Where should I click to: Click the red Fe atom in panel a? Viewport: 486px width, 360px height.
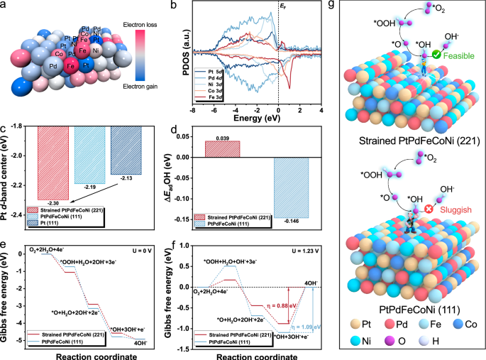[71, 67]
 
